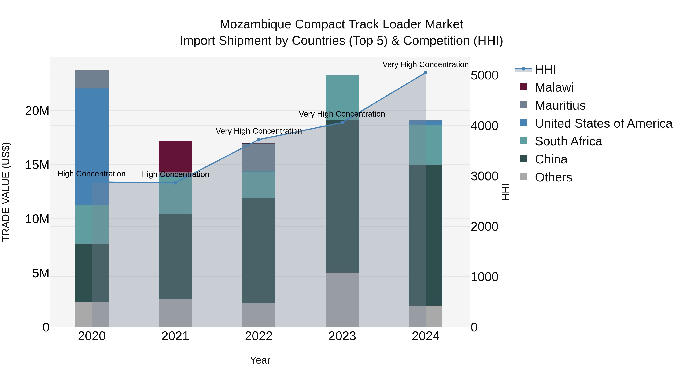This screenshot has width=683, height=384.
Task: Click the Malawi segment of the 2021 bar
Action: [x=175, y=156]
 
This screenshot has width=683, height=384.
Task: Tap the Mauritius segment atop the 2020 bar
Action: [x=92, y=79]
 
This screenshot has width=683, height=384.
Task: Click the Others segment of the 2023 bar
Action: [x=342, y=299]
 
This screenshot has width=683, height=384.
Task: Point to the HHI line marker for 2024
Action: [x=426, y=73]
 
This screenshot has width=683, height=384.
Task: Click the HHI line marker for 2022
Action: [x=259, y=140]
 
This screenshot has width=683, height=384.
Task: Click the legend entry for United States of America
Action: [x=603, y=123]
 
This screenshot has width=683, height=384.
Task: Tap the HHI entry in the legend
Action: [x=545, y=69]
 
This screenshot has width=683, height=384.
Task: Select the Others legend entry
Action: [x=553, y=177]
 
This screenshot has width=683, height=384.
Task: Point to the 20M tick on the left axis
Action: [x=37, y=111]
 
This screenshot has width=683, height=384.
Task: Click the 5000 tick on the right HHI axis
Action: [x=484, y=75]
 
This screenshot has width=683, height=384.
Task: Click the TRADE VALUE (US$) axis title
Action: [x=6, y=192]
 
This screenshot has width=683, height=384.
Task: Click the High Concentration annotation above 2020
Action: [x=91, y=174]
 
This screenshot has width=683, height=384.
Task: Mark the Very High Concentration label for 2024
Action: [x=425, y=64]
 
